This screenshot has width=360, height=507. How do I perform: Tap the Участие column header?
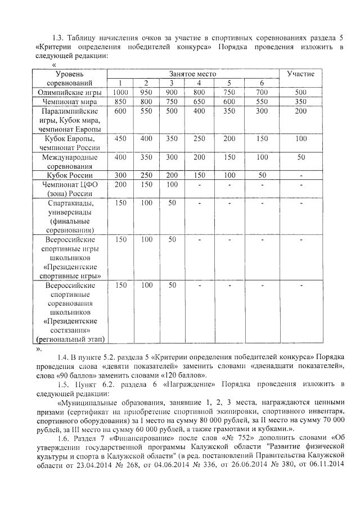[301, 74]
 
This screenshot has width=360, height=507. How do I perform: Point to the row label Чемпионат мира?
[70, 102]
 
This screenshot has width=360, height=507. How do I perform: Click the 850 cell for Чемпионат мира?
[120, 102]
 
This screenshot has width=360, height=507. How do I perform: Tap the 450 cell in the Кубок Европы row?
[120, 138]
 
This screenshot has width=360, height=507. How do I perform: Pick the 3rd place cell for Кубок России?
[172, 175]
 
